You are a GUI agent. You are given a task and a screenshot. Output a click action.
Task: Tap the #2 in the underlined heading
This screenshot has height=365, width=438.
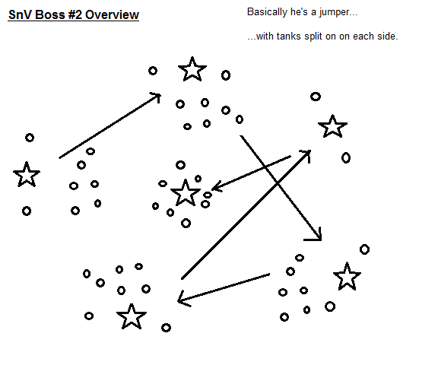tap(75, 14)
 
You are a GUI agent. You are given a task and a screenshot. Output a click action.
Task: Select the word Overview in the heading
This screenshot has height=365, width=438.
tap(112, 14)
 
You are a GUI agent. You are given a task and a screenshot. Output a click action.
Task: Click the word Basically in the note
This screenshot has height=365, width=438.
tap(267, 12)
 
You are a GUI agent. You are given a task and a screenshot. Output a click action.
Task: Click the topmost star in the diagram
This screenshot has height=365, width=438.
tap(192, 70)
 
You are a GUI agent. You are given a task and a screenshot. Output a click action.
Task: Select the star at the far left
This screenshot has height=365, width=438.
tap(27, 175)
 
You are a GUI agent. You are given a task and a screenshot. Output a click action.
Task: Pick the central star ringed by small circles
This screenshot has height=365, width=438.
tap(186, 193)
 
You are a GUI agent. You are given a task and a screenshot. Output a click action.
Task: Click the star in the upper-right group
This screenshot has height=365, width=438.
tap(333, 127)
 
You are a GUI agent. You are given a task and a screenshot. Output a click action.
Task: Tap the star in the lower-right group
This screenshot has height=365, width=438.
tap(347, 277)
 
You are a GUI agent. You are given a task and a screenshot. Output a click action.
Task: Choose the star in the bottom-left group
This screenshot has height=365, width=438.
tap(132, 316)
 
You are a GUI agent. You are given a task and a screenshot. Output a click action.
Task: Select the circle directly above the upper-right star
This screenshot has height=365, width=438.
tap(316, 97)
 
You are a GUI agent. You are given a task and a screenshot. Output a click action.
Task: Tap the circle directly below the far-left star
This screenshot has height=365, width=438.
tap(27, 211)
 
